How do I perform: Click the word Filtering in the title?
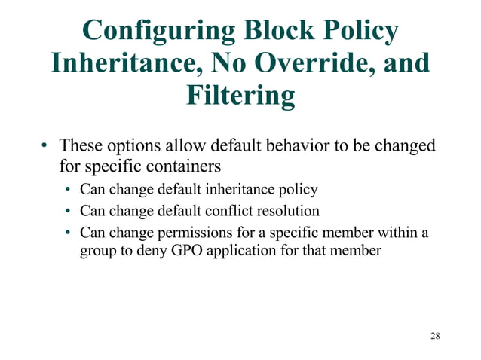click(x=240, y=96)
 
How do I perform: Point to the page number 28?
click(x=435, y=335)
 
